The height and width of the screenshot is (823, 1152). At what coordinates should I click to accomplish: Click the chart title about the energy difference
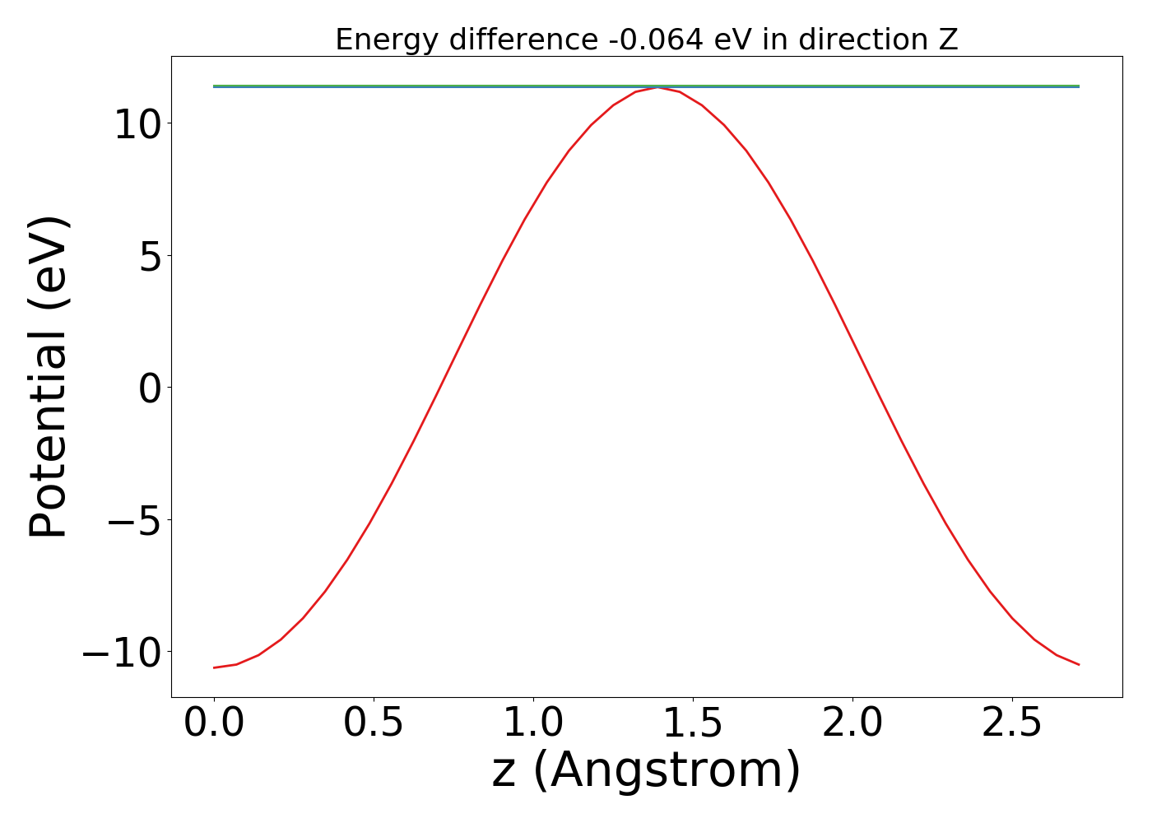click(x=647, y=40)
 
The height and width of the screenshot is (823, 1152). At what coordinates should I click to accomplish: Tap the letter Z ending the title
click(x=949, y=40)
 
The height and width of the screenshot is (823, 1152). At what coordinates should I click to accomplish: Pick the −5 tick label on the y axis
click(x=137, y=520)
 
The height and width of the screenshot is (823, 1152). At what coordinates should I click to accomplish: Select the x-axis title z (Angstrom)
click(x=647, y=771)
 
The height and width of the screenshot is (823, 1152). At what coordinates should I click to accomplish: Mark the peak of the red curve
click(x=657, y=87)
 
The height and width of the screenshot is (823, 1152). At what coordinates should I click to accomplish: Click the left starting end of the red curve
click(x=214, y=667)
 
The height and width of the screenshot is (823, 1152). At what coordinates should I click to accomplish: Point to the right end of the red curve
click(x=1079, y=664)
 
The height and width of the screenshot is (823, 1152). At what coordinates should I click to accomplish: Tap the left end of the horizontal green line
click(x=214, y=86)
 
